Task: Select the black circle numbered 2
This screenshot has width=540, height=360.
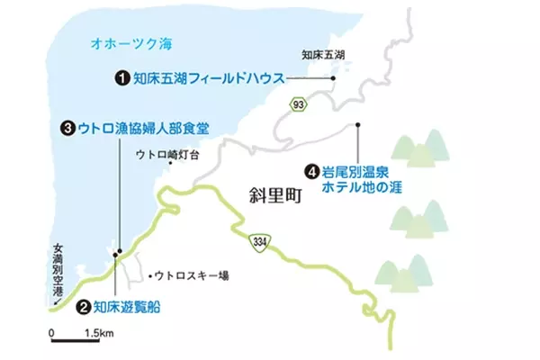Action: (x=83, y=307)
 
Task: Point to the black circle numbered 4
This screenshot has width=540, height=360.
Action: (x=311, y=168)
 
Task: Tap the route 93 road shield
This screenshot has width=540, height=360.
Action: (x=298, y=107)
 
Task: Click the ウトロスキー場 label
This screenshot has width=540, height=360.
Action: (x=192, y=274)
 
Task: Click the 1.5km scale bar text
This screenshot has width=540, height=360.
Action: (x=97, y=334)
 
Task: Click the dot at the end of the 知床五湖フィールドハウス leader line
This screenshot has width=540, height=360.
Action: (x=334, y=78)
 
